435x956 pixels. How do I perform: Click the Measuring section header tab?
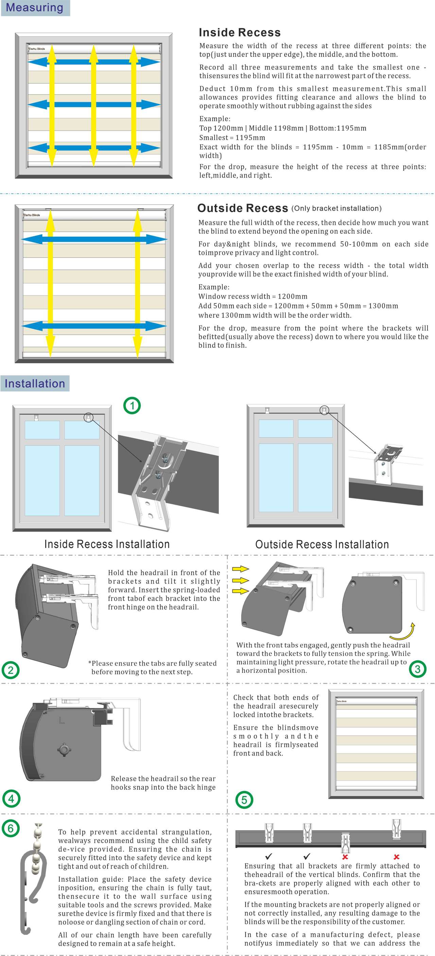tap(35, 7)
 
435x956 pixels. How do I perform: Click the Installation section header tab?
tap(35, 383)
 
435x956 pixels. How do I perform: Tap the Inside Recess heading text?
tap(240, 33)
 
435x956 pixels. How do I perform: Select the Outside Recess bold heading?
tap(243, 208)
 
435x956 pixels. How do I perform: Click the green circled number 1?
tap(132, 406)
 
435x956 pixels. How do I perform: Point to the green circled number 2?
tap(11, 670)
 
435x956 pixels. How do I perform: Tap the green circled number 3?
tap(418, 669)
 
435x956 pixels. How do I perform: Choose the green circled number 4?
tap(11, 798)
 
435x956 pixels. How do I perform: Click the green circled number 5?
tap(244, 800)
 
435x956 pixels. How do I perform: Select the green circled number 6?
tap(11, 828)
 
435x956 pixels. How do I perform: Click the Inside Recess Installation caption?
tap(107, 544)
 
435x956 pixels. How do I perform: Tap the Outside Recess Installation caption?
tap(322, 544)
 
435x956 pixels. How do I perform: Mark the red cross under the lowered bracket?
tap(345, 857)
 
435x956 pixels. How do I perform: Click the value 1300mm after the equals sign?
tap(382, 306)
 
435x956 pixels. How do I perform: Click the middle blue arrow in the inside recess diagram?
tap(94, 105)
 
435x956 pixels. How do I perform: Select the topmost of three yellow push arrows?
tap(240, 568)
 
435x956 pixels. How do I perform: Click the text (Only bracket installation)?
tap(336, 209)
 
